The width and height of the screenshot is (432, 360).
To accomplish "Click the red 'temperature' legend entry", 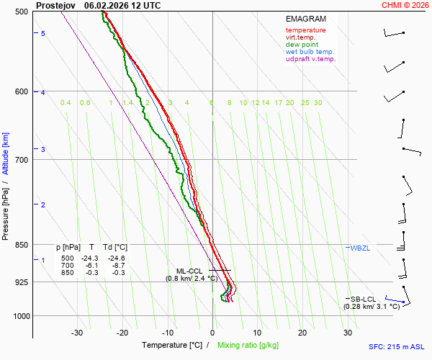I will [x=305, y=30].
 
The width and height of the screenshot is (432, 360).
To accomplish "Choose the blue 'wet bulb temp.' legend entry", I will [x=310, y=52].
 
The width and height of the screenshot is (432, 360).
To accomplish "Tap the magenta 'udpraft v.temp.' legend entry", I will [x=310, y=59].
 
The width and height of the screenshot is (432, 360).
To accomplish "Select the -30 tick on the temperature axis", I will [x=77, y=333].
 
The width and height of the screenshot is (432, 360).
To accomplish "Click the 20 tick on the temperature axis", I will [x=302, y=333].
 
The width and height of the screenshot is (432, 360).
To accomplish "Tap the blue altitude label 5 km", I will [x=43, y=34].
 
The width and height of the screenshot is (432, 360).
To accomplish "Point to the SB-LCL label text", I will [x=364, y=299].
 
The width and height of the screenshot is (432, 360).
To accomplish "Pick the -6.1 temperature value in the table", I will [x=91, y=265].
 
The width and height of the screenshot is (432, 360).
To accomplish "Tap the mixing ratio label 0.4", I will [x=66, y=103].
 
